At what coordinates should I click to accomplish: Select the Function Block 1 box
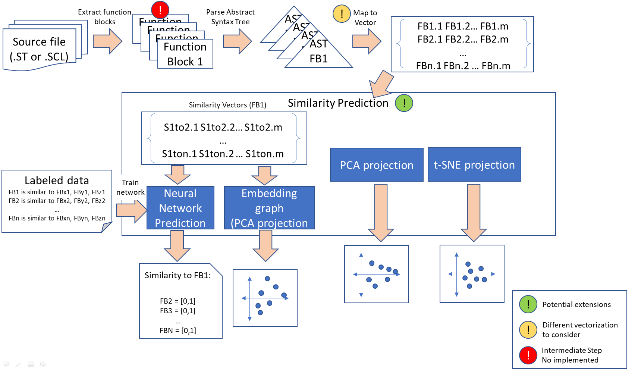click(x=185, y=54)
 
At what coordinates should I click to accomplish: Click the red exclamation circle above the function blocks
click(x=160, y=10)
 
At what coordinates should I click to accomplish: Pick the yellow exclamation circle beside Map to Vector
click(x=342, y=14)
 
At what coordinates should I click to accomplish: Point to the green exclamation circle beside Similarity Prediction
click(x=404, y=103)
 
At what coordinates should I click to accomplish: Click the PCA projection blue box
click(x=377, y=165)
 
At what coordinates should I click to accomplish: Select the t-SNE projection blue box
click(x=474, y=164)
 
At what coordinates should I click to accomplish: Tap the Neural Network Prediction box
click(x=180, y=208)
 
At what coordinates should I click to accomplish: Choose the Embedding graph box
click(x=269, y=208)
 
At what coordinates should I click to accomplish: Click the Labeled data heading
click(x=57, y=181)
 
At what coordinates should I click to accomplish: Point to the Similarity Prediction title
click(x=338, y=103)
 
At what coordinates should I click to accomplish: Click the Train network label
click(x=130, y=187)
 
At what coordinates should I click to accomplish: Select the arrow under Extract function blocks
click(x=107, y=41)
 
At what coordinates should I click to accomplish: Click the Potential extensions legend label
click(x=576, y=304)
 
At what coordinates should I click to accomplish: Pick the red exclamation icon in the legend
click(x=528, y=355)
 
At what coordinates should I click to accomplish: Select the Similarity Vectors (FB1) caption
click(x=227, y=105)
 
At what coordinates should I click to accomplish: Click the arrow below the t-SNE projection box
click(x=474, y=213)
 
